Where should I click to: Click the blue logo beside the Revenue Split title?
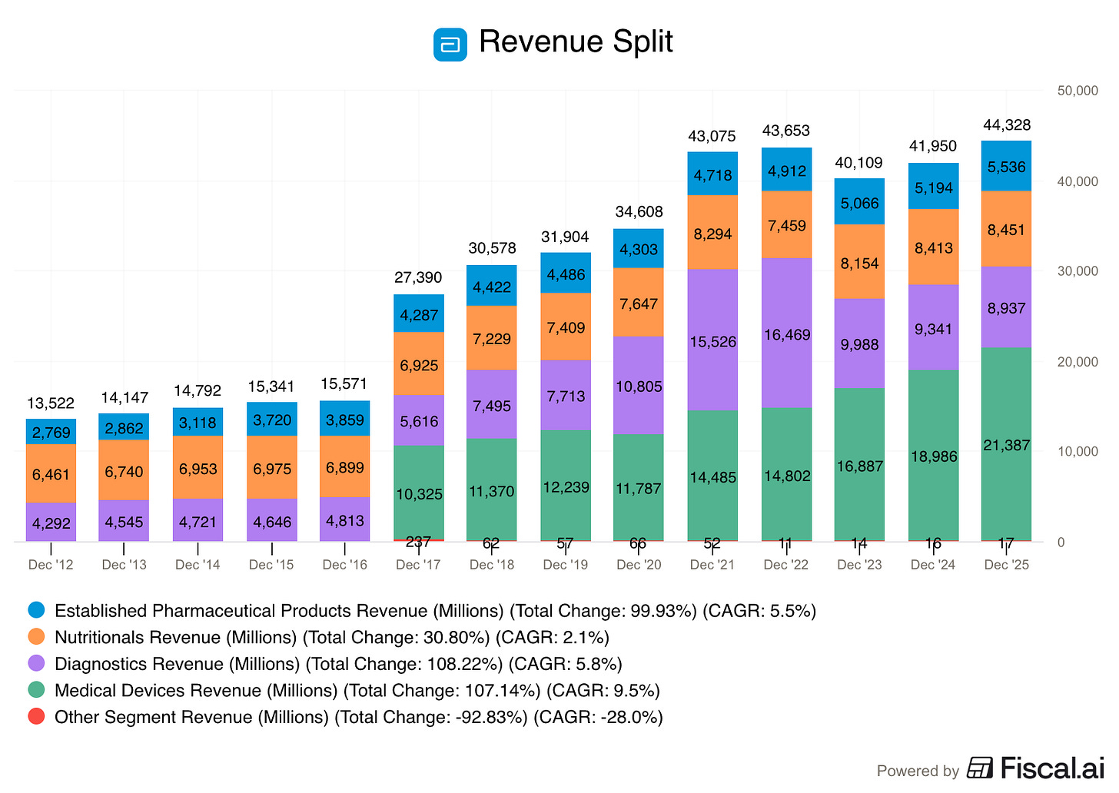click(450, 44)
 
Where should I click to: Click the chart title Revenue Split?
click(576, 42)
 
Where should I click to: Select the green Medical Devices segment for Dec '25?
click(1006, 444)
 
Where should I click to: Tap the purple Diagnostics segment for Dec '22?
click(787, 333)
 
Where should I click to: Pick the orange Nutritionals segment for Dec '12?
click(51, 473)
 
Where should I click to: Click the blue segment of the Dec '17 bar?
click(419, 314)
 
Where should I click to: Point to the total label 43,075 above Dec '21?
click(712, 136)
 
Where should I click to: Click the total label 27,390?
click(418, 277)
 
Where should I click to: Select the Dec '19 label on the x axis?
click(565, 565)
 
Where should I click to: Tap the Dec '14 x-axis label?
click(198, 565)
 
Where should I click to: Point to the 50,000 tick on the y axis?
click(1077, 91)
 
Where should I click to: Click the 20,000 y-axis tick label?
click(1077, 362)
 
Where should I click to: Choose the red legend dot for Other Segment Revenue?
click(36, 717)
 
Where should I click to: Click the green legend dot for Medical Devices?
click(36, 690)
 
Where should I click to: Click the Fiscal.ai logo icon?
click(980, 768)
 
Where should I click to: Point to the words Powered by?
click(918, 771)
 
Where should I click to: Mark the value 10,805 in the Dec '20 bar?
click(639, 387)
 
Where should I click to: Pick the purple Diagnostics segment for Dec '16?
click(345, 519)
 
